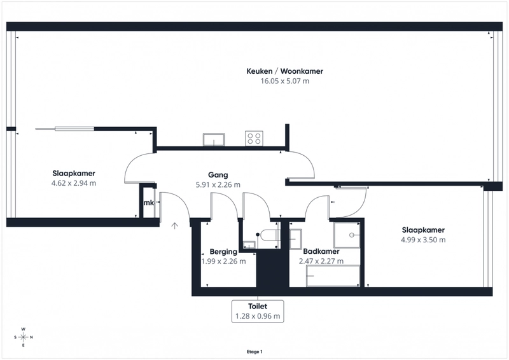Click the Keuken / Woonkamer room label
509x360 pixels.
click(284, 71)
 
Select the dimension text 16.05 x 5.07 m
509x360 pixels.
click(284, 81)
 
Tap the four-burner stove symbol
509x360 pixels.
click(254, 138)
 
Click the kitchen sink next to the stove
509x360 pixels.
click(214, 139)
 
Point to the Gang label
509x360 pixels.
click(218, 175)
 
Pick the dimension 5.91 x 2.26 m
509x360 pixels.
click(218, 184)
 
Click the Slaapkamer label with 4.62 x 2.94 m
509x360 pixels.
click(74, 174)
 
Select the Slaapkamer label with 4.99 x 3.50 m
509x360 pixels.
click(423, 230)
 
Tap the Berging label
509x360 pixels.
click(223, 252)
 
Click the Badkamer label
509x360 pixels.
click(321, 251)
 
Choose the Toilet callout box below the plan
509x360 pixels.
click(258, 311)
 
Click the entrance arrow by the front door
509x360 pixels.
click(174, 226)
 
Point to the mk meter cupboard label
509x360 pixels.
click(149, 202)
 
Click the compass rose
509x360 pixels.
click(24, 337)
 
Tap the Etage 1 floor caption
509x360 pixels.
click(254, 352)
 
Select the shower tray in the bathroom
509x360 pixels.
click(347, 235)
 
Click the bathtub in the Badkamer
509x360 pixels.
click(333, 276)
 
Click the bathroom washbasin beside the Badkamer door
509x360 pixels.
click(295, 239)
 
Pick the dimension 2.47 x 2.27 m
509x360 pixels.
click(321, 261)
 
